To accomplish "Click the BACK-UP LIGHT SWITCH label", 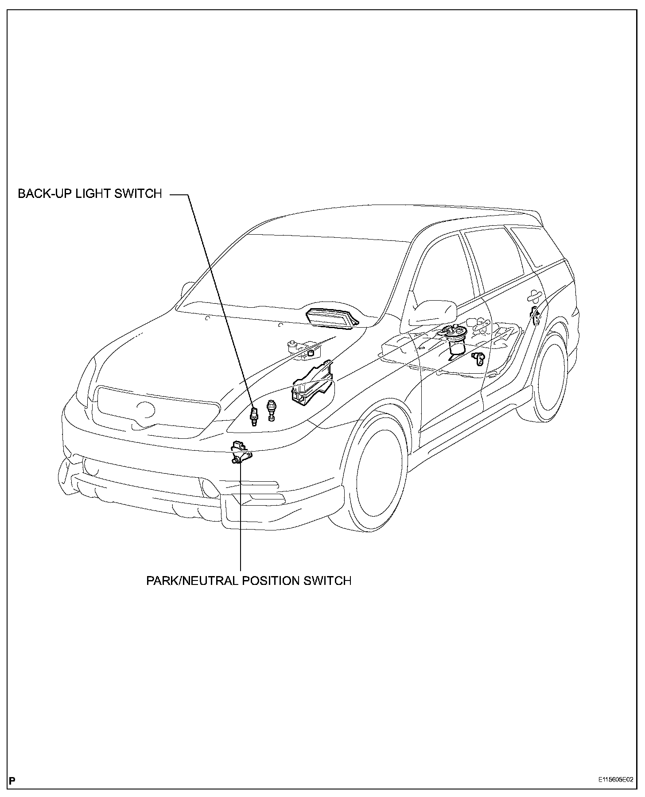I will coord(90,194).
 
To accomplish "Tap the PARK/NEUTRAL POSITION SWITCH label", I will coord(249,580).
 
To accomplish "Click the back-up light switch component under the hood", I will coord(254,415).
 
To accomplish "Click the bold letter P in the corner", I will coord(12,781).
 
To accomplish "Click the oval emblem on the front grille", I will coord(145,410).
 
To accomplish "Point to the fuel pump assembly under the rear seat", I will coord(456,340).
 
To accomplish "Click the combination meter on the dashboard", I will coord(332,317).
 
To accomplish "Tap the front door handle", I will coord(534,296).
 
